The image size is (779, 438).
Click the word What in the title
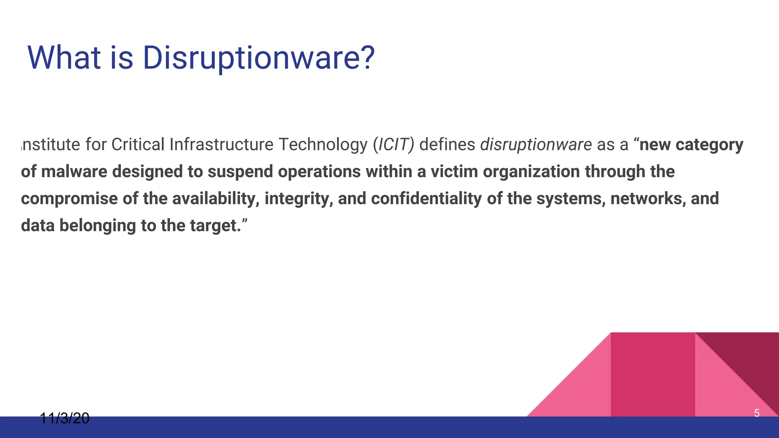coord(64,58)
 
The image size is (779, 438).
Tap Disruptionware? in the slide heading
coord(259,58)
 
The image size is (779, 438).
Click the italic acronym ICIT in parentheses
coord(393,145)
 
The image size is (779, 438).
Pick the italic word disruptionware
coord(536,145)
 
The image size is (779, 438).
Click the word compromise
coord(69,199)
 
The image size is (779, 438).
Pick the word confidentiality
coord(426,199)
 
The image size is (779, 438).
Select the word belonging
coord(98,226)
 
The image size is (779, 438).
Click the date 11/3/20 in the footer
coord(65,418)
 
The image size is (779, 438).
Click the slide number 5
coord(757,413)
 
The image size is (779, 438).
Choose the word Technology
coord(323,145)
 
